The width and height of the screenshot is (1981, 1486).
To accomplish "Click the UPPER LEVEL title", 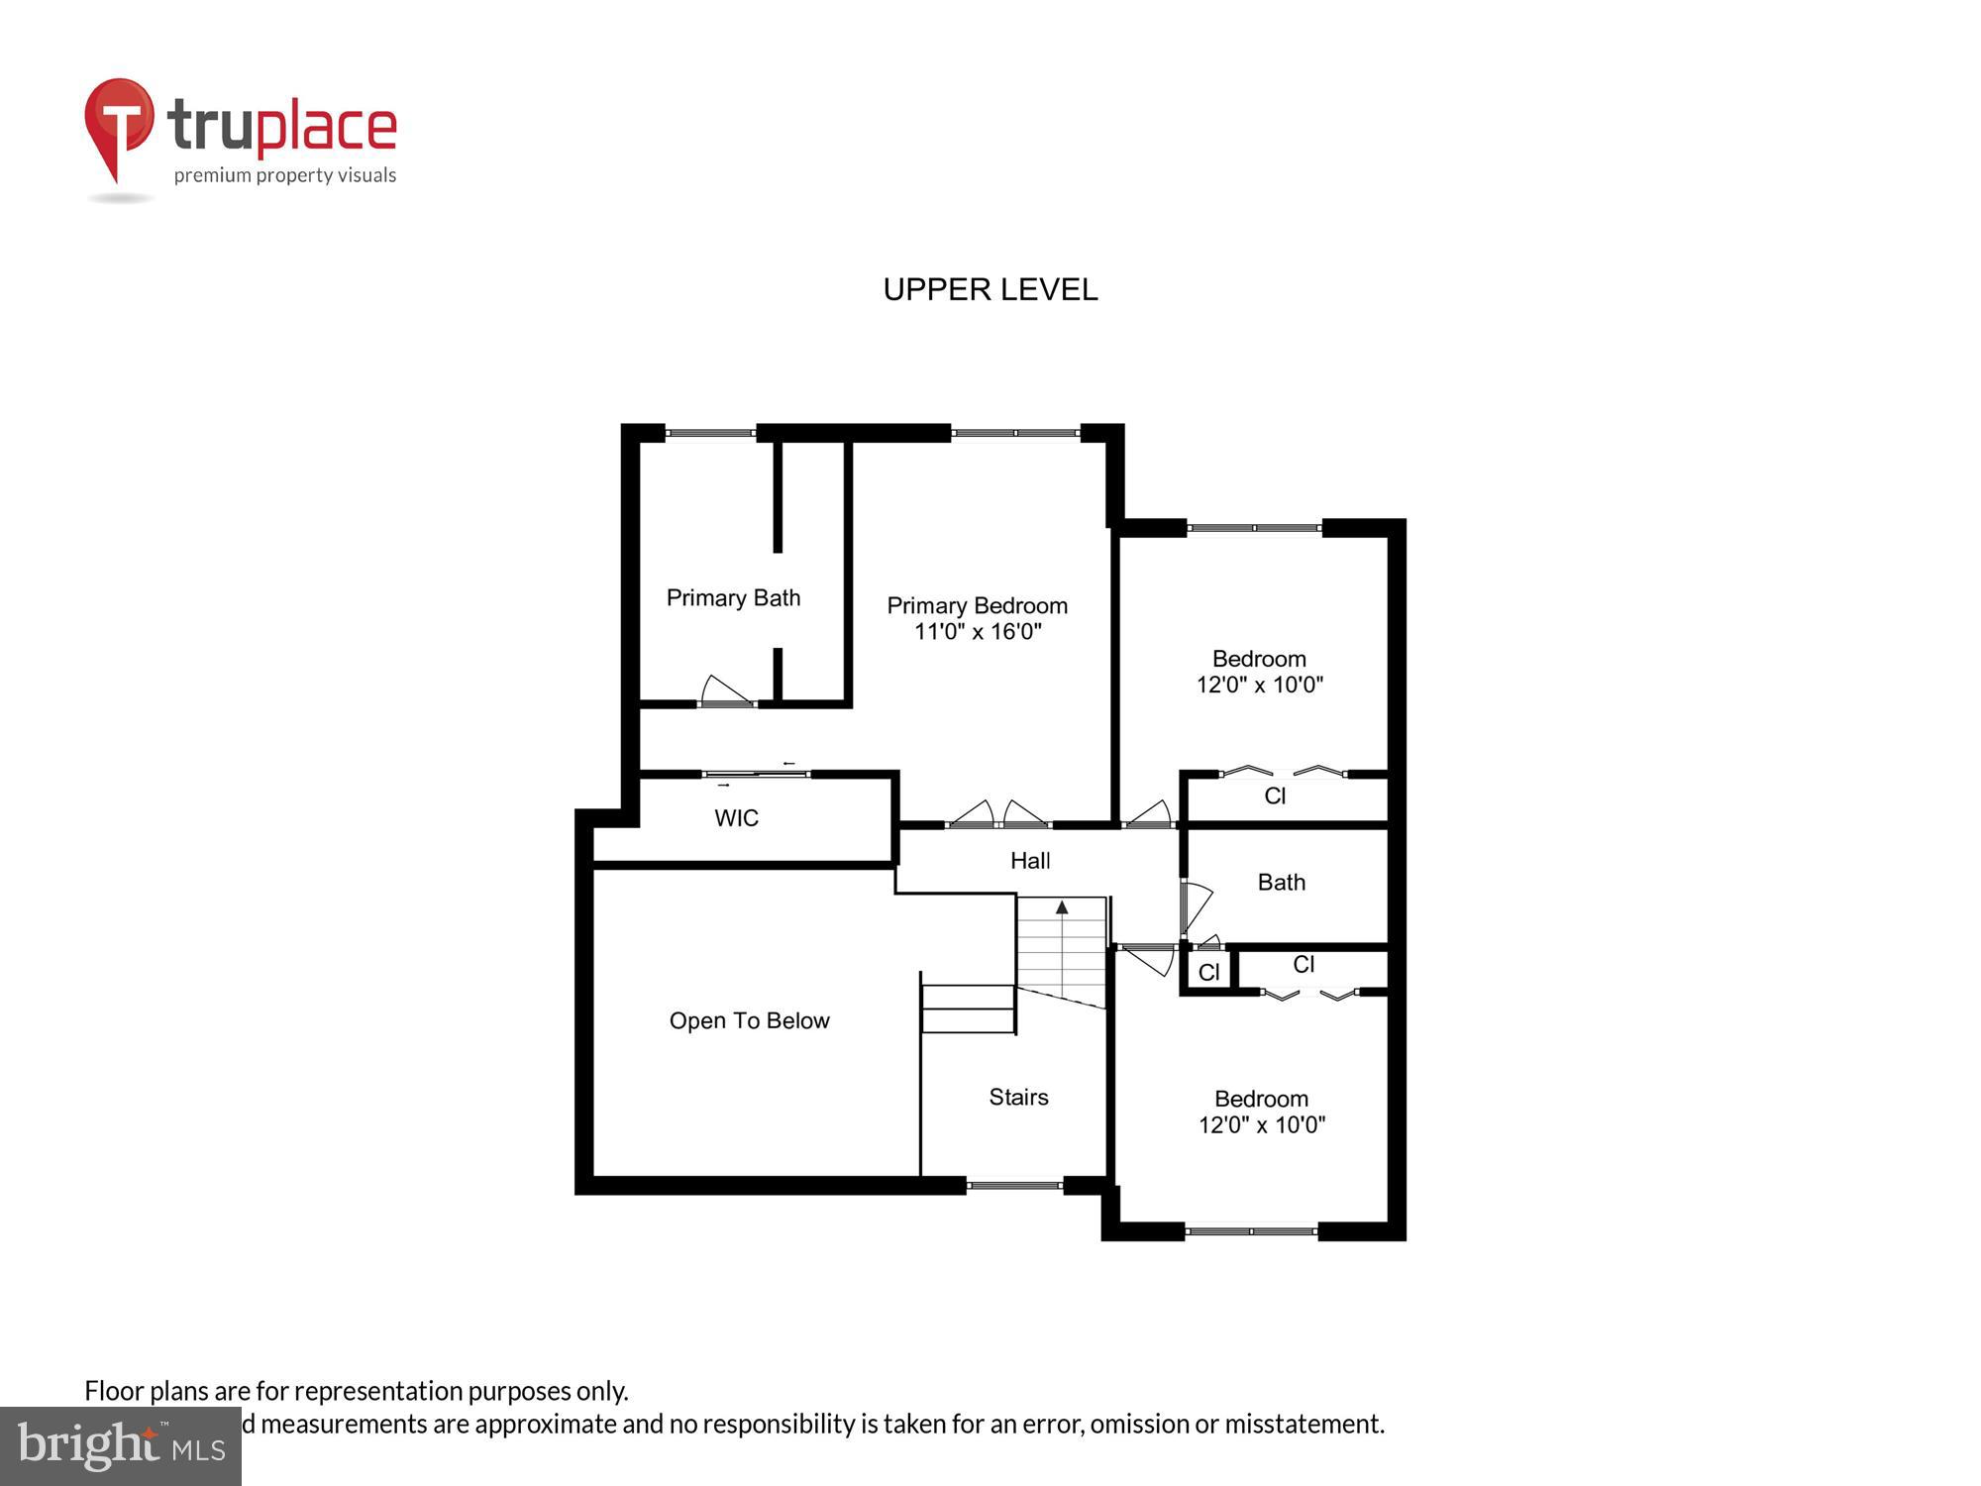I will click(x=990, y=289).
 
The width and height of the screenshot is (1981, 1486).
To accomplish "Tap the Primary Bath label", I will click(x=733, y=597).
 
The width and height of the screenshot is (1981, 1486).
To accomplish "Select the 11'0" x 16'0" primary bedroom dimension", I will click(x=977, y=632).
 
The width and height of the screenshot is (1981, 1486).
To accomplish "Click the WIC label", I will click(x=736, y=818).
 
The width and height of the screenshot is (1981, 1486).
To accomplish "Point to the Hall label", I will click(x=1030, y=861).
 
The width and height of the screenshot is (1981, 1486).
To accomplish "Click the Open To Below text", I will click(x=749, y=1020).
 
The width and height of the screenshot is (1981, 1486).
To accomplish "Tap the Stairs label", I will click(x=1018, y=1097).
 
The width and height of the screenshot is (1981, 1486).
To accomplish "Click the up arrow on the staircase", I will click(x=1062, y=907).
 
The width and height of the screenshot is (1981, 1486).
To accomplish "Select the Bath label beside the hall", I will click(x=1281, y=882).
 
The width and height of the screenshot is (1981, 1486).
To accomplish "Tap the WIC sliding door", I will click(x=756, y=774).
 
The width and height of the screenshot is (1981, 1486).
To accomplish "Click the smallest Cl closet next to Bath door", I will click(x=1208, y=972).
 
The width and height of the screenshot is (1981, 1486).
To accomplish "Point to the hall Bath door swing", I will click(x=1197, y=904).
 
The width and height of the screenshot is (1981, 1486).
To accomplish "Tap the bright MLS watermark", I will click(x=121, y=1447).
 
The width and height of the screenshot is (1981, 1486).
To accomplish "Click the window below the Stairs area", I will click(x=1014, y=1184).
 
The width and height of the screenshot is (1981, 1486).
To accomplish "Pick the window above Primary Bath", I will click(x=709, y=433).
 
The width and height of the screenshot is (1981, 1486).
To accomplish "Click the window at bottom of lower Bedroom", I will click(x=1251, y=1231).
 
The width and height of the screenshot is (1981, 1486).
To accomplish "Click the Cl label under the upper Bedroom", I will click(x=1275, y=796).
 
